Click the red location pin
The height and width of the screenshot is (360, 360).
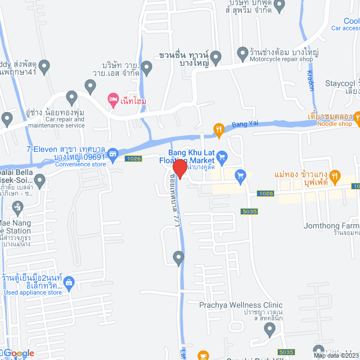(179, 169)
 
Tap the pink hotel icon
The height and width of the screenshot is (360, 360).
(113, 100)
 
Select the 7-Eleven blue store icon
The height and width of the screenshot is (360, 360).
(113, 153)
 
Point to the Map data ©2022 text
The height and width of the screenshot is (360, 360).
(336, 355)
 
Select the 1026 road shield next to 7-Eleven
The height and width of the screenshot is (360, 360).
(133, 159)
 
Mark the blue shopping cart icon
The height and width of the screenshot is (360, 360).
(240, 175)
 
